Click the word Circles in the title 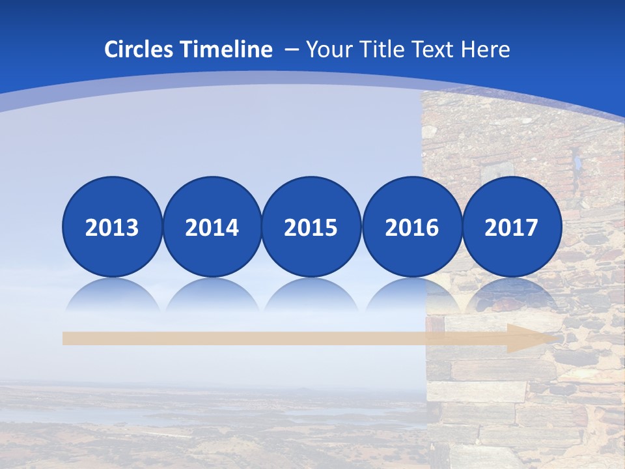140,50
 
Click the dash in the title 292,50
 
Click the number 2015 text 311,228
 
